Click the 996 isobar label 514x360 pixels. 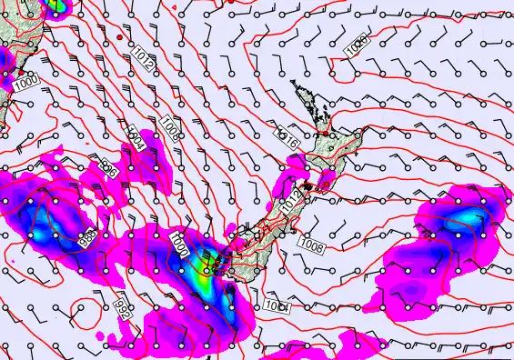(x=110, y=168)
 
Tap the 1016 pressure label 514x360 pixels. (x=287, y=139)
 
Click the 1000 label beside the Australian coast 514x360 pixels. (x=25, y=82)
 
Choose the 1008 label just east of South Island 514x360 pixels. (x=312, y=244)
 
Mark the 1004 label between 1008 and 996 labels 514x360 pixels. (x=136, y=136)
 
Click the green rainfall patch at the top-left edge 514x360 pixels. (x=56, y=5)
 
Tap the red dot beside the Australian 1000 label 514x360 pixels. (x=21, y=71)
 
